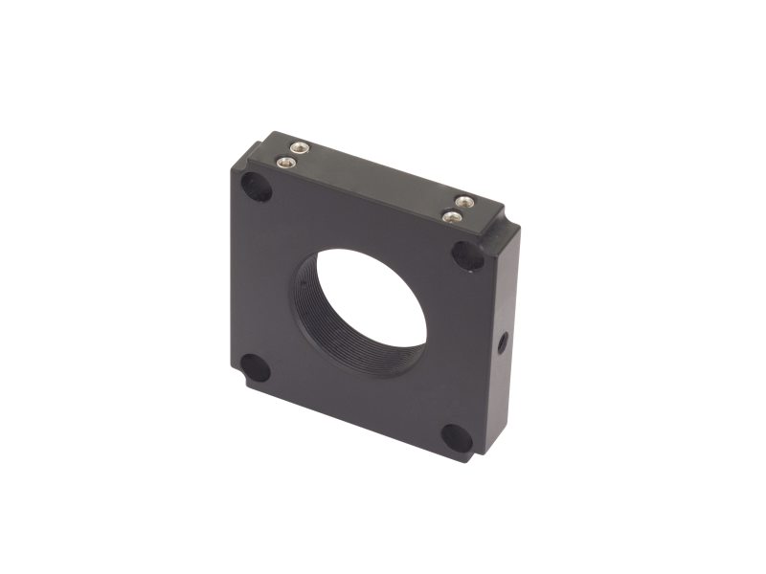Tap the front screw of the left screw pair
click(284, 163)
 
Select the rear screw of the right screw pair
click(465, 202)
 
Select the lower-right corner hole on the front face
click(456, 438)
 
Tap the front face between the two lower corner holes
click(354, 407)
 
